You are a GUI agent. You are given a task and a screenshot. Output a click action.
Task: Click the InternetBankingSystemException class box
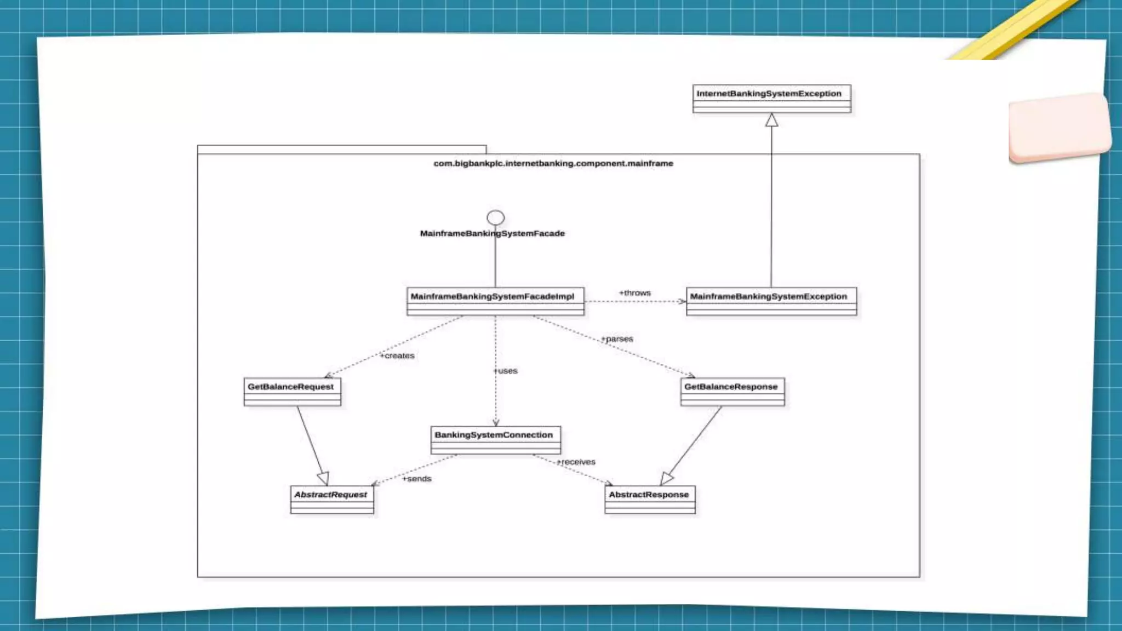[x=771, y=99]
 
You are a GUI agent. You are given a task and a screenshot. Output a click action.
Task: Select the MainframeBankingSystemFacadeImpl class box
[x=495, y=301]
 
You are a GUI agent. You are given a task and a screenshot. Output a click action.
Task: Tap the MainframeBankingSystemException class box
[x=771, y=301]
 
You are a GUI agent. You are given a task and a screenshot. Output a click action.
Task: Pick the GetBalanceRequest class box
[x=292, y=391]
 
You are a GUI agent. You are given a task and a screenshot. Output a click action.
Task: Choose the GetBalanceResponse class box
[x=732, y=391]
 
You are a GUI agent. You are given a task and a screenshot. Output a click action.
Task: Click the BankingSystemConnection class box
[x=495, y=440]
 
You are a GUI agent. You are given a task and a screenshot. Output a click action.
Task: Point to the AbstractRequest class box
[x=331, y=499]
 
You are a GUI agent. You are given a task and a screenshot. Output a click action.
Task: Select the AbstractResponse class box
[x=650, y=499]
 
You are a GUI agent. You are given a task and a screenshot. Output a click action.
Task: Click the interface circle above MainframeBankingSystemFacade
[x=495, y=217]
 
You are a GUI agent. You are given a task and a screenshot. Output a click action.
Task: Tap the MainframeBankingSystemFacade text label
[x=492, y=233]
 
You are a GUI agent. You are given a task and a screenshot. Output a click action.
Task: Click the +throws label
[x=634, y=293]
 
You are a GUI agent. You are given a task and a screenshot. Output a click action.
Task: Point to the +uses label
[x=506, y=371]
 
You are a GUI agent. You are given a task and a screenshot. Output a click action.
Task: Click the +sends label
[x=417, y=479]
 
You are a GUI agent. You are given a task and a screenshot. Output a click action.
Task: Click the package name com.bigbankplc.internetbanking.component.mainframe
[x=553, y=163]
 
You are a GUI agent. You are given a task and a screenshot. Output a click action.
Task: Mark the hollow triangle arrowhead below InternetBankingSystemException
[x=771, y=121]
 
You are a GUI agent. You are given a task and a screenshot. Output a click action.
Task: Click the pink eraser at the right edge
[x=1059, y=128]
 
